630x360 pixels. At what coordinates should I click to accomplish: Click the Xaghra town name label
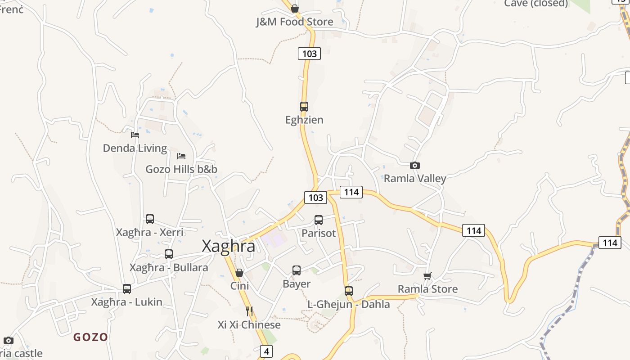(x=228, y=246)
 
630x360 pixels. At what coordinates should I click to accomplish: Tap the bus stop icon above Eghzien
(x=304, y=107)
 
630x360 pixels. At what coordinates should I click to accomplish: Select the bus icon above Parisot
(x=319, y=220)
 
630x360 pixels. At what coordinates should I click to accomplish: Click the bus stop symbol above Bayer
(x=297, y=270)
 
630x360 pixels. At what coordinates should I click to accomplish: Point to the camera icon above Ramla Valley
(x=415, y=166)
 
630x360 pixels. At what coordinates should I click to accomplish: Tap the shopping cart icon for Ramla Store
(x=427, y=276)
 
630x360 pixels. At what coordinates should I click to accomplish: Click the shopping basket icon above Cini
(x=239, y=273)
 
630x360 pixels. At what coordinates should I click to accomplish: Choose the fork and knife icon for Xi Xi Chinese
(x=249, y=311)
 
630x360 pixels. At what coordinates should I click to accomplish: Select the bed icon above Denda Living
(x=135, y=135)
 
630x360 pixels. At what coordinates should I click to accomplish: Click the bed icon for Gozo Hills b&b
(x=181, y=156)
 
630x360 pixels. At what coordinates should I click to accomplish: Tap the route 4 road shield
(x=266, y=351)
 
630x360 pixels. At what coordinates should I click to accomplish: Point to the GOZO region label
(x=91, y=337)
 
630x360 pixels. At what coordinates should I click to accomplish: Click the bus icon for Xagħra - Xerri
(x=150, y=219)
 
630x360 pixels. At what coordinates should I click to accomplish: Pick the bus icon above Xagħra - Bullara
(x=169, y=254)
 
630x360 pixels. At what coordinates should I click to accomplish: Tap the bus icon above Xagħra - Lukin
(x=127, y=289)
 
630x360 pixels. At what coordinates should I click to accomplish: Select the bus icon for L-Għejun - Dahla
(x=349, y=291)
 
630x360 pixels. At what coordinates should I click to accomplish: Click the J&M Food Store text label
(x=295, y=22)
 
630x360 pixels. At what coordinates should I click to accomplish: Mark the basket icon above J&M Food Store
(x=295, y=9)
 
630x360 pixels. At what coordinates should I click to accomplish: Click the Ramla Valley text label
(x=415, y=178)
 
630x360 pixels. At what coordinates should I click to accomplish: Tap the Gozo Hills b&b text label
(x=181, y=169)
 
